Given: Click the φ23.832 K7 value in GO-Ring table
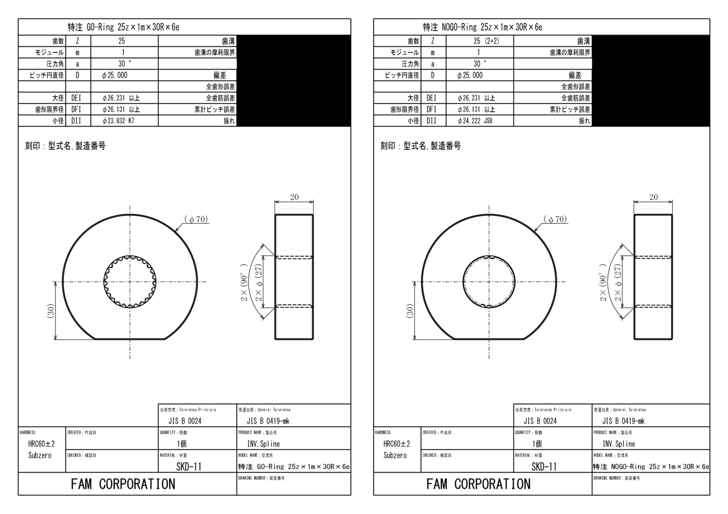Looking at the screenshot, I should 118,121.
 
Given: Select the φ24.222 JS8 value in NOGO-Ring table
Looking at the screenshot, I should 475,121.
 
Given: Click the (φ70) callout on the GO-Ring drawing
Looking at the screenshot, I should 196,220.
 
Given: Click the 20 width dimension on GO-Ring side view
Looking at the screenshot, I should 294,197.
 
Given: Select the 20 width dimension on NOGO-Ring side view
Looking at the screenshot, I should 653,197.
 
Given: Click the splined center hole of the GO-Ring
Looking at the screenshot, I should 130,282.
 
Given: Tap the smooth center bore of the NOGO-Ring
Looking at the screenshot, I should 489,282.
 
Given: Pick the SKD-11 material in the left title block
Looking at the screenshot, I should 189,467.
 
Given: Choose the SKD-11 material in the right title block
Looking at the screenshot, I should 544,467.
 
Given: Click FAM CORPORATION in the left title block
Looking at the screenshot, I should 123,484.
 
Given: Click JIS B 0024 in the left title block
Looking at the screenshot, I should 185,421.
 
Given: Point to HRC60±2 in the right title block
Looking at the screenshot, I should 397,444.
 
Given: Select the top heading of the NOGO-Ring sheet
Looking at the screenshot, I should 482,27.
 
